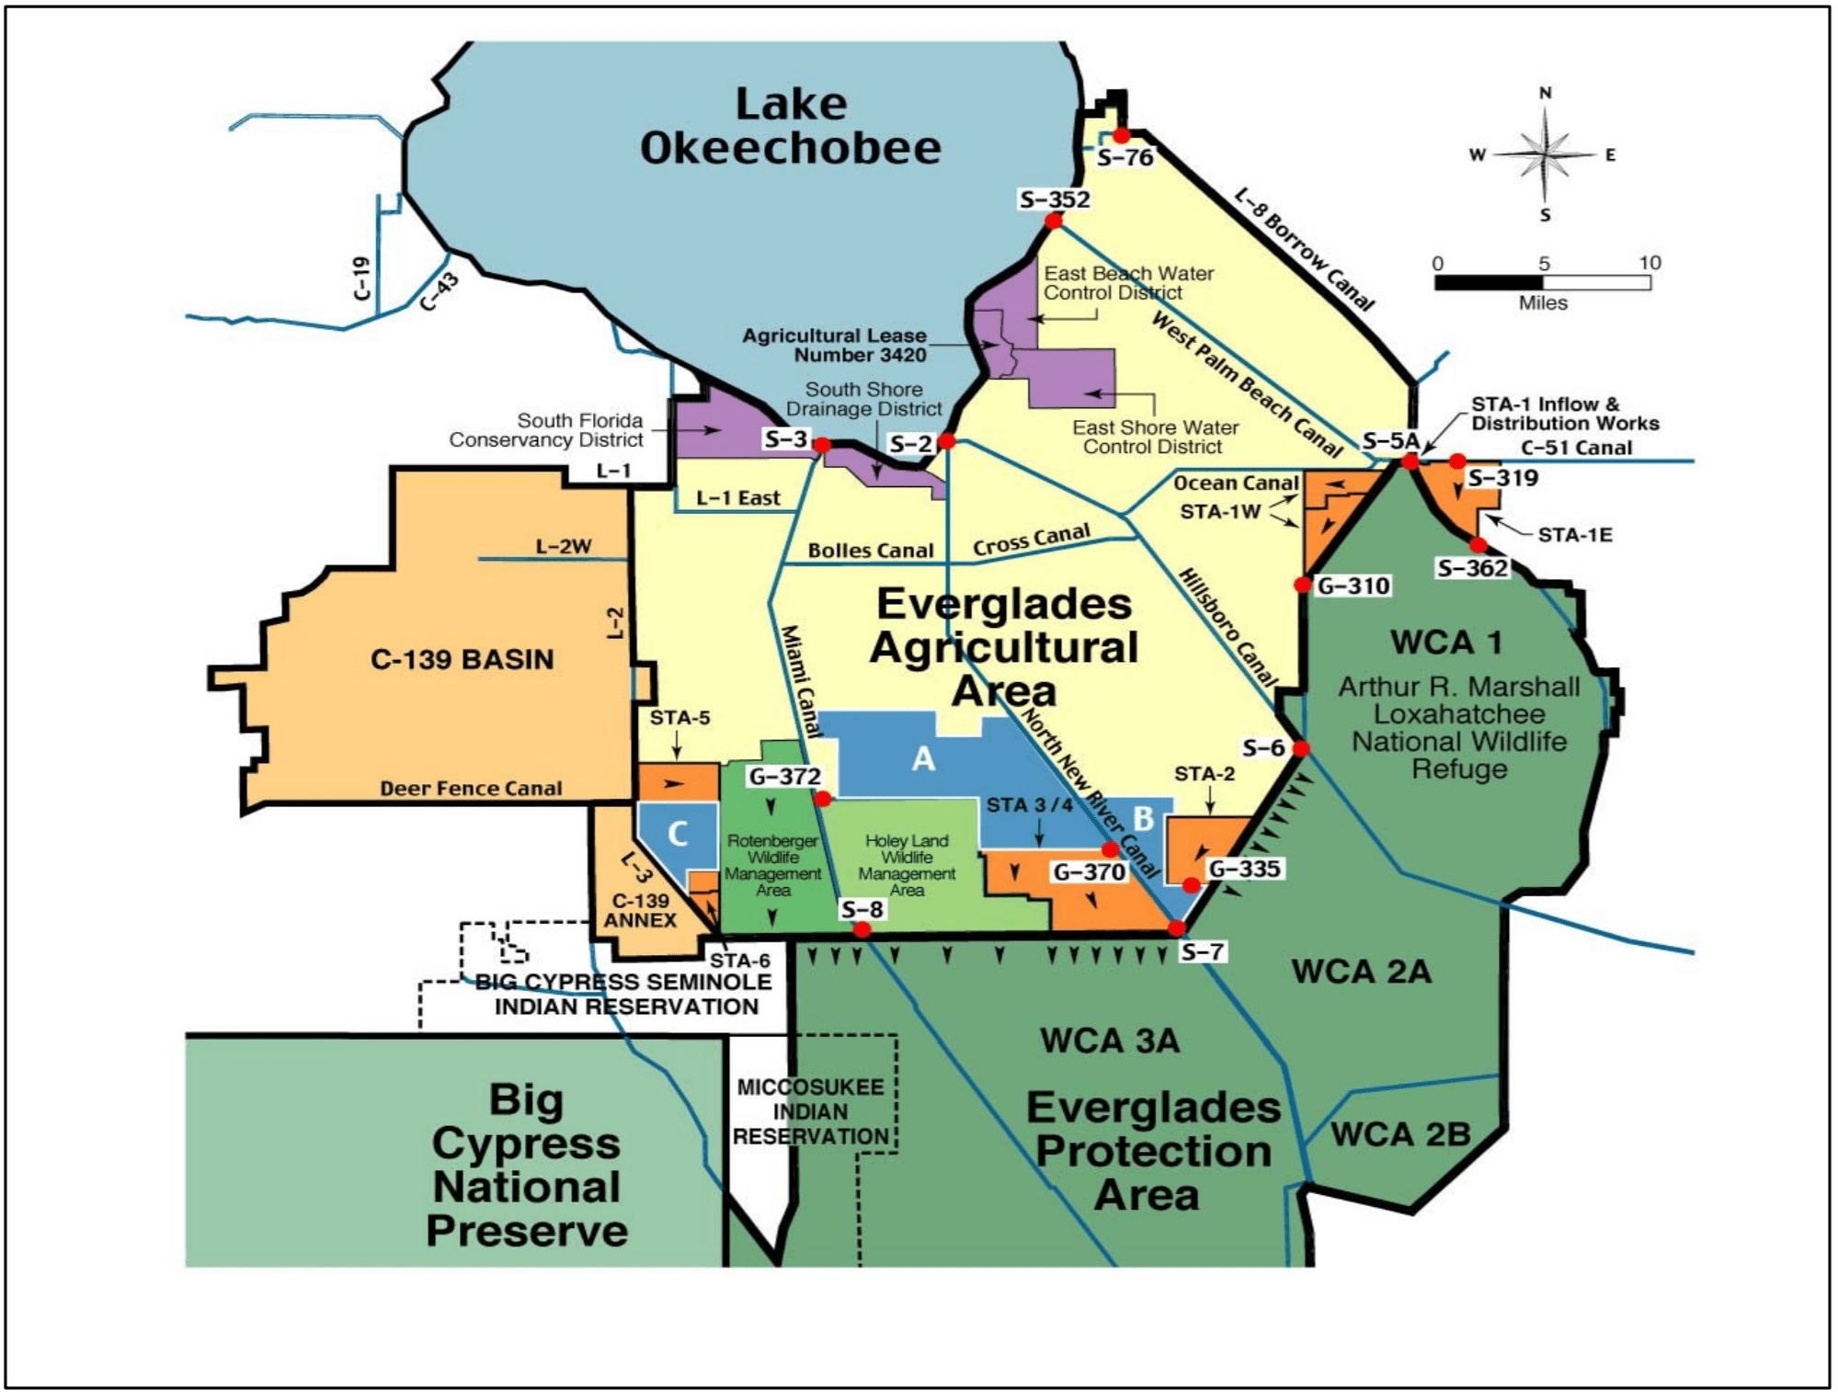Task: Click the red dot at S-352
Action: [x=1054, y=221]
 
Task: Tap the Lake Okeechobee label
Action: [x=791, y=126]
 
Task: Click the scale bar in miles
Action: [x=1543, y=282]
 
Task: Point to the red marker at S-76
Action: [x=1122, y=136]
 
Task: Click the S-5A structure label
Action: [x=1390, y=441]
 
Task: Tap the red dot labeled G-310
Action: [x=1302, y=585]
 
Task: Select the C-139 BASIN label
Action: [x=462, y=659]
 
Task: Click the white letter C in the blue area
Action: [x=678, y=834]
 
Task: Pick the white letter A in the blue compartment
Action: [x=923, y=759]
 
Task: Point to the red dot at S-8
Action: [x=862, y=929]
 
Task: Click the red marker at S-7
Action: [x=1177, y=928]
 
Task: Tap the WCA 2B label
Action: [x=1400, y=1134]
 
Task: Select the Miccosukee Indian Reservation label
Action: [x=811, y=1112]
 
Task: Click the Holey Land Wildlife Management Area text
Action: [x=907, y=865]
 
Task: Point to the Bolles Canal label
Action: [x=870, y=551]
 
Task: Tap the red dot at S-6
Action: [x=1300, y=748]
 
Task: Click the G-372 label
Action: [x=784, y=777]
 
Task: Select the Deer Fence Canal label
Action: [x=471, y=789]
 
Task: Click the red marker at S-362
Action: [x=1478, y=545]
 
